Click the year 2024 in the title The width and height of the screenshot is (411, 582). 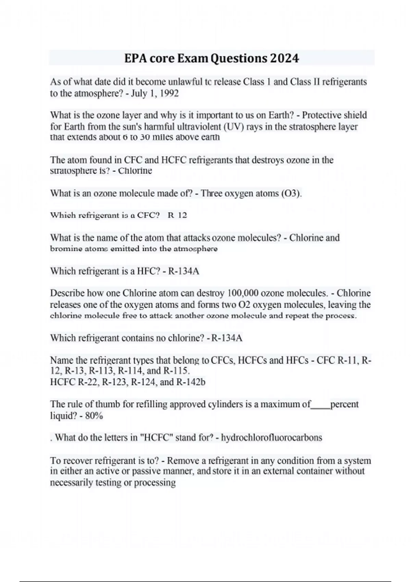coord(285,58)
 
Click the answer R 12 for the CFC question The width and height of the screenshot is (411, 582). coord(177,215)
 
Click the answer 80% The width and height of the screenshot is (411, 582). coord(95,416)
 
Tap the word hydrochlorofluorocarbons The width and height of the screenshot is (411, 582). coord(271,438)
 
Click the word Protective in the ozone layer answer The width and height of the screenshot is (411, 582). coord(321,115)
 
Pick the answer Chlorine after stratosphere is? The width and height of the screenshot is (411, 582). coord(135,171)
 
